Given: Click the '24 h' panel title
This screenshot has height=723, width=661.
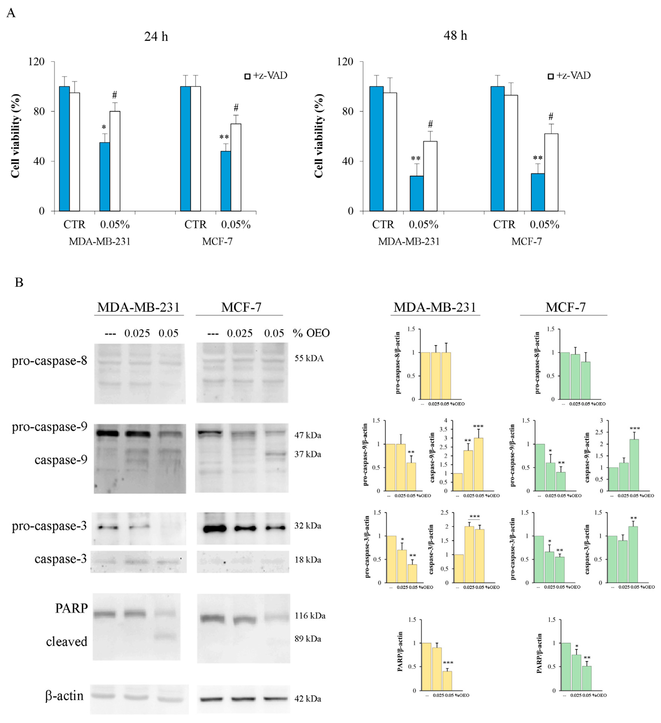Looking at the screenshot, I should (156, 37).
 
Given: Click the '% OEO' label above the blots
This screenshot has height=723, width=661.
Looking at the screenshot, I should (311, 333).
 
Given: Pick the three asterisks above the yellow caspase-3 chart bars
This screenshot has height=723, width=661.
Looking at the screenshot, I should (474, 517).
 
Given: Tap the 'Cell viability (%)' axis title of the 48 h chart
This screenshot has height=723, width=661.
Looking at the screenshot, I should (318, 136).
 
